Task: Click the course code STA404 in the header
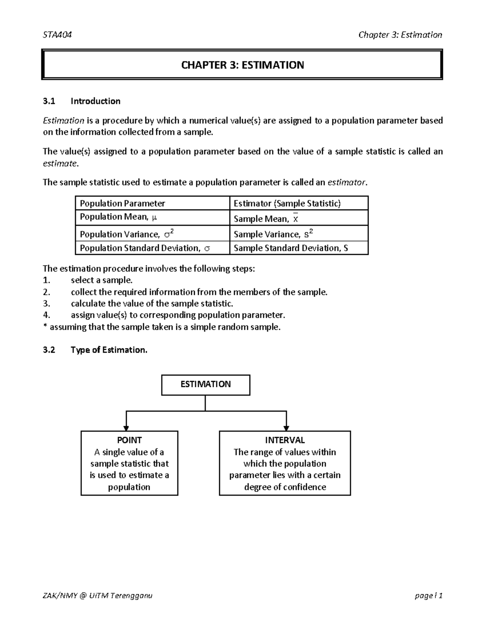tap(57, 35)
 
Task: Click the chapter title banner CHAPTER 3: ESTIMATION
tap(242, 65)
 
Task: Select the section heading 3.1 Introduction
tap(82, 101)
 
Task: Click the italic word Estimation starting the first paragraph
tap(63, 121)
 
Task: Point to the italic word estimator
tap(346, 183)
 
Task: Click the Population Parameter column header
tap(122, 203)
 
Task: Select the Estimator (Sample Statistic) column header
tap(287, 203)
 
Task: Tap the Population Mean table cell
tap(118, 217)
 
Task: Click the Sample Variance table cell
tap(273, 234)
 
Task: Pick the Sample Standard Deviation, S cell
tap(291, 248)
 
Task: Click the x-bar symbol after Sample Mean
tap(295, 218)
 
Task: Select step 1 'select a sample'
tap(101, 280)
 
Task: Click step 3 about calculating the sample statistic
tap(152, 304)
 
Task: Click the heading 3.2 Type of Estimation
tap(95, 350)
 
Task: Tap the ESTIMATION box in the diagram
tap(205, 384)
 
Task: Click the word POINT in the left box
tap(129, 440)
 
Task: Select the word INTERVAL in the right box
tap(285, 440)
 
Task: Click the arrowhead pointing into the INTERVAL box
tap(286, 428)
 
